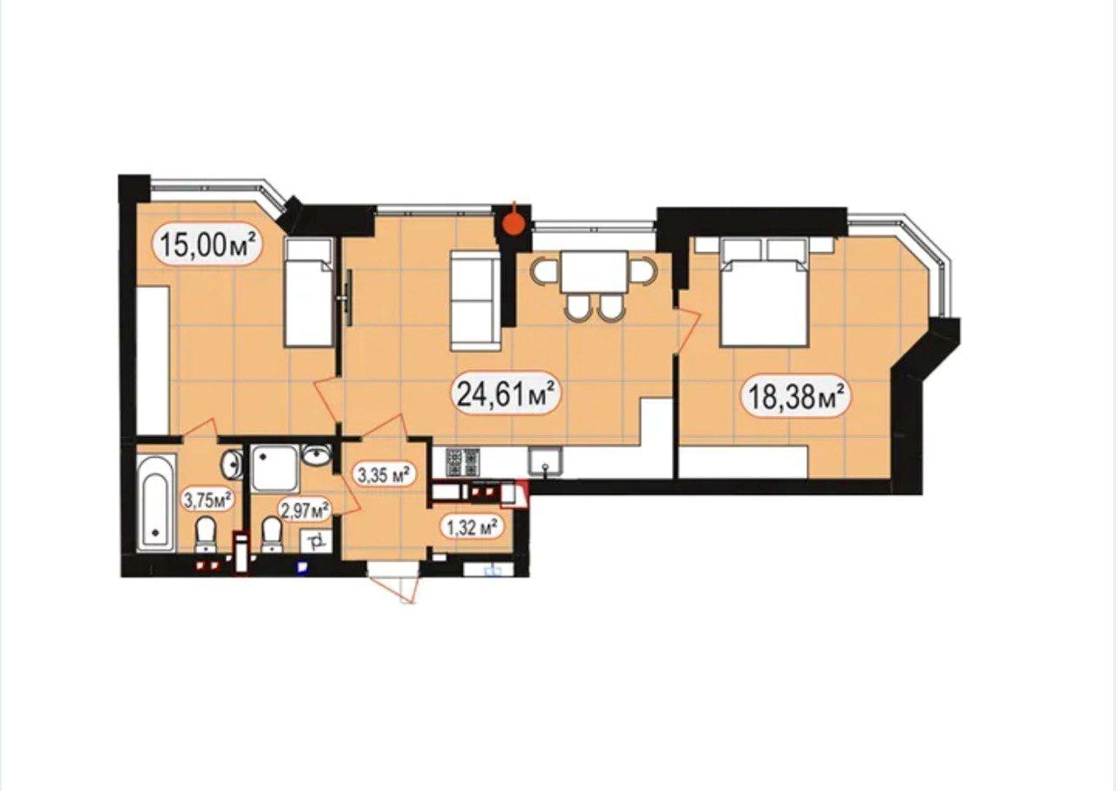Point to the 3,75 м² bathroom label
point(208,500)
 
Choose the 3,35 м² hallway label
point(384,475)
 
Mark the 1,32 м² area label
point(471,528)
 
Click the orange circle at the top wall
point(514,224)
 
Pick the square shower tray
point(276,469)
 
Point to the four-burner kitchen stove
point(463,462)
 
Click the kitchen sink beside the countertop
point(546,462)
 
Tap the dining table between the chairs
point(594,273)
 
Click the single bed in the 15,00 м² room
point(309,292)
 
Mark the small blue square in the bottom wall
point(302,567)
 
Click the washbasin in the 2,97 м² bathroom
point(316,455)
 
